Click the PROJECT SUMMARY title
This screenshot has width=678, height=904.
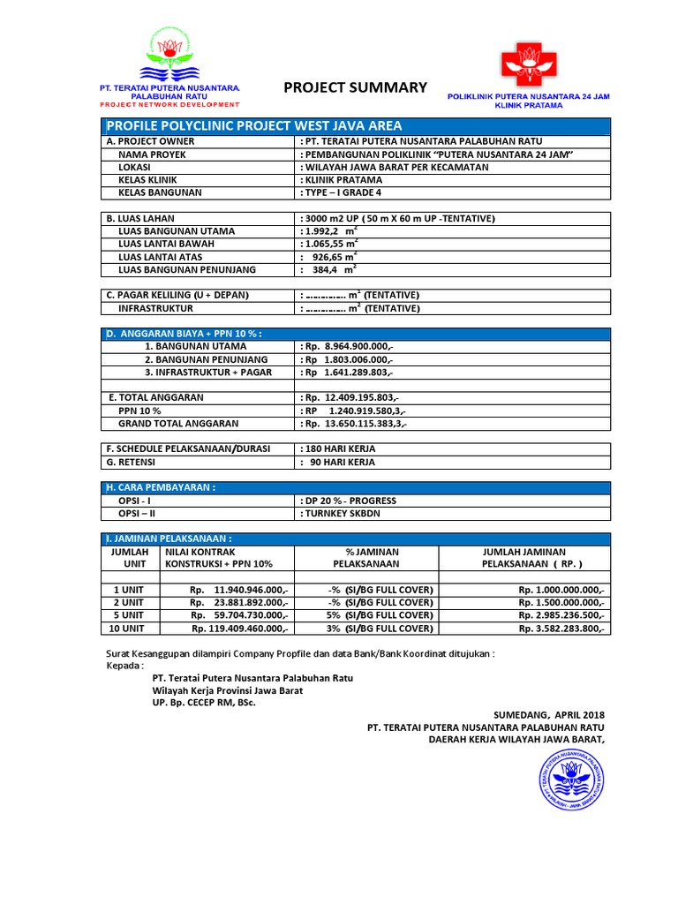click(x=355, y=87)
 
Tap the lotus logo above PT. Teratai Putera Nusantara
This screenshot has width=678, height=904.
click(x=169, y=54)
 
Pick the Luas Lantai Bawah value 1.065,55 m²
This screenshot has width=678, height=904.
click(x=330, y=244)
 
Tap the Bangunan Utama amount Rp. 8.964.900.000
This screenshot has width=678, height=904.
click(x=347, y=348)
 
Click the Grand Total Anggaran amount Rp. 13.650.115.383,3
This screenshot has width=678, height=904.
click(x=354, y=424)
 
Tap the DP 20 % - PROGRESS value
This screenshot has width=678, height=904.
click(x=350, y=501)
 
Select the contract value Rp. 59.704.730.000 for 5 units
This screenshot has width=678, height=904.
click(x=239, y=615)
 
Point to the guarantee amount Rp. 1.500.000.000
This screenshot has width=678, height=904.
click(x=561, y=602)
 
